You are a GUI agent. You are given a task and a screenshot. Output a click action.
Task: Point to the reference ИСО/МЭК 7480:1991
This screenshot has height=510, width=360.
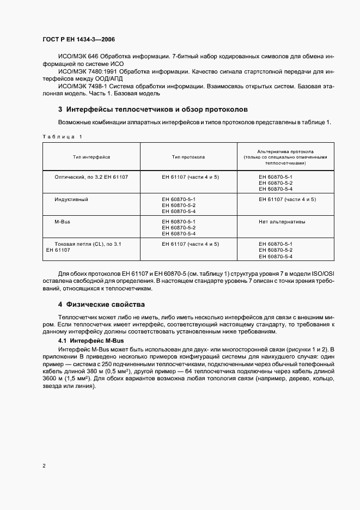click(x=83, y=71)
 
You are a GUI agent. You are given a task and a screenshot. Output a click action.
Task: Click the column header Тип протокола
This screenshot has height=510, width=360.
click(x=188, y=157)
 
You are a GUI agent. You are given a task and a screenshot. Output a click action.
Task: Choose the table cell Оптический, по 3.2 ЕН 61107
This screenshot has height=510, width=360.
click(x=90, y=178)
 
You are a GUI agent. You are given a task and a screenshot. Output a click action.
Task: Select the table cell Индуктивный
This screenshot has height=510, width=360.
click(x=71, y=199)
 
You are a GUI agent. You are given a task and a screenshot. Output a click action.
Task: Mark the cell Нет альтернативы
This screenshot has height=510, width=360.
click(x=282, y=222)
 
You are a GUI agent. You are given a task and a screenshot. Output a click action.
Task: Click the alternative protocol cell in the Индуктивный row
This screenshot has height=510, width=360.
click(x=287, y=199)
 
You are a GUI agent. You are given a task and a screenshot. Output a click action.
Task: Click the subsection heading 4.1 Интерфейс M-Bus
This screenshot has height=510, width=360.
click(x=88, y=340)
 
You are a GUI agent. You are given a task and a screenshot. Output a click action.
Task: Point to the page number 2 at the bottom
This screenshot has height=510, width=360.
click(x=44, y=466)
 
